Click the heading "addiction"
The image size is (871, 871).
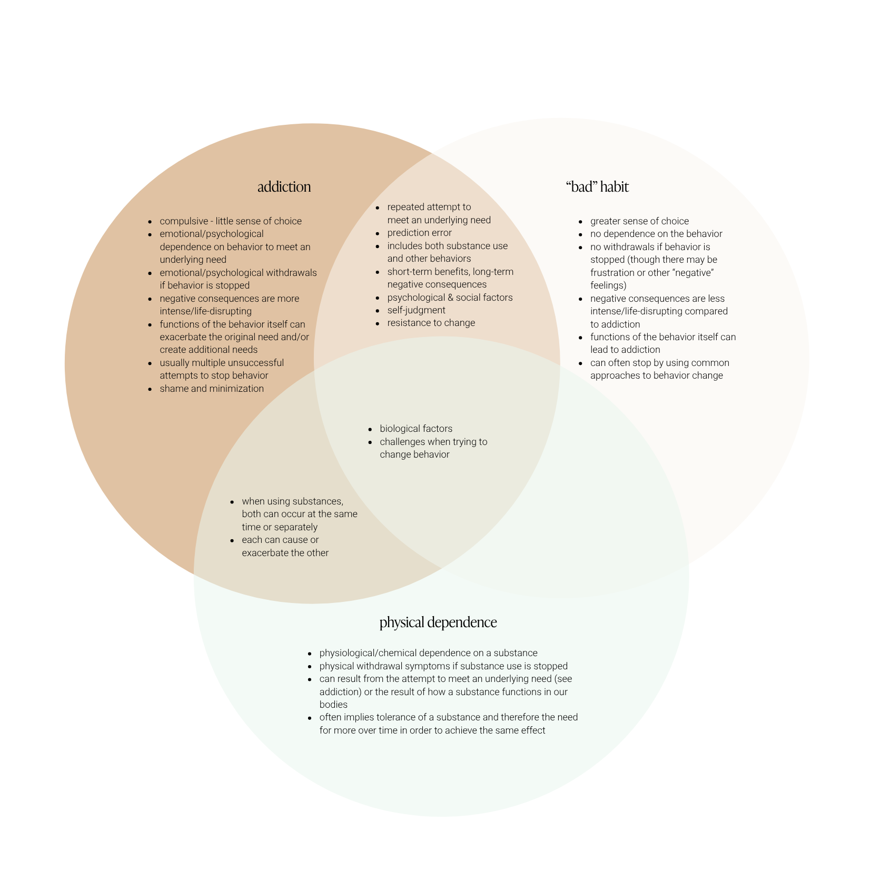pos(284,187)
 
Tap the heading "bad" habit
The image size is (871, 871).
pos(597,187)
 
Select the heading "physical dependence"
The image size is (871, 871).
pos(438,622)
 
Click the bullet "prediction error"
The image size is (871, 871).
pos(419,233)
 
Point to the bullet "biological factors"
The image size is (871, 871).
pos(416,429)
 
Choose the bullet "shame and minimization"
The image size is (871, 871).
pos(212,389)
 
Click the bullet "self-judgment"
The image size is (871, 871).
pos(416,310)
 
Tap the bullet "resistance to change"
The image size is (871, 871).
pos(431,323)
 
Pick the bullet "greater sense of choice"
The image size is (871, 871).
pos(639,221)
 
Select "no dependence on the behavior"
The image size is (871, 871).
pos(656,234)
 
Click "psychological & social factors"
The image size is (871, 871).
pos(450,298)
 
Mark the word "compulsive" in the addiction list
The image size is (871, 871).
pos(184,221)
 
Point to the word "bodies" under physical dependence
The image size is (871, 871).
pos(333,705)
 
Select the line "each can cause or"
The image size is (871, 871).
pos(280,540)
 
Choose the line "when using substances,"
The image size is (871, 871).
pos(292,501)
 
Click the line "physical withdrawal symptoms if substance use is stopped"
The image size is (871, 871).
pos(443,666)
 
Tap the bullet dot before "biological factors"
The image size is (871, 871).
pos(370,429)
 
